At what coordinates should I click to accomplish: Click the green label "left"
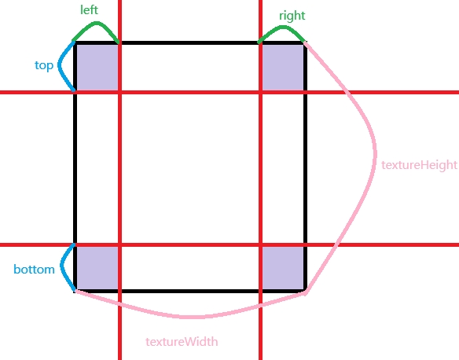pos(89,9)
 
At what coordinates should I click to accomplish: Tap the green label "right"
pos(292,16)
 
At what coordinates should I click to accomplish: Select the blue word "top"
pos(44,65)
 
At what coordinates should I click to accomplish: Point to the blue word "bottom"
pos(35,270)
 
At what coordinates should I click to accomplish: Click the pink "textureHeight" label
pos(419,165)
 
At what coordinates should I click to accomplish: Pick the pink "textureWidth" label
pos(182,342)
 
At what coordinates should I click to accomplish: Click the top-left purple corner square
pos(97,68)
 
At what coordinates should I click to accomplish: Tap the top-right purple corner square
pos(283,68)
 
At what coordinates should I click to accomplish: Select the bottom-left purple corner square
pos(97,268)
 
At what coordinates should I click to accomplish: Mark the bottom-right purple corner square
pos(283,268)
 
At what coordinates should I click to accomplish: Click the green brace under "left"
pos(97,23)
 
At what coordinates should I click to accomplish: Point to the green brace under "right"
pos(283,28)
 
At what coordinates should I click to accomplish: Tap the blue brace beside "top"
pos(59,65)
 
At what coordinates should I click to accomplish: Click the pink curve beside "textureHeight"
pos(375,152)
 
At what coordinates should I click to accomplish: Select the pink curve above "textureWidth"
pos(190,317)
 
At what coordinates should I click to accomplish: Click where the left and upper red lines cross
pos(119,93)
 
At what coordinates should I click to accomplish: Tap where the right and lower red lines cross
pos(260,244)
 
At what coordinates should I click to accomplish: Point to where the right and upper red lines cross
pos(260,93)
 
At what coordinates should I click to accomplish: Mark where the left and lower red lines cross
pos(119,244)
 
